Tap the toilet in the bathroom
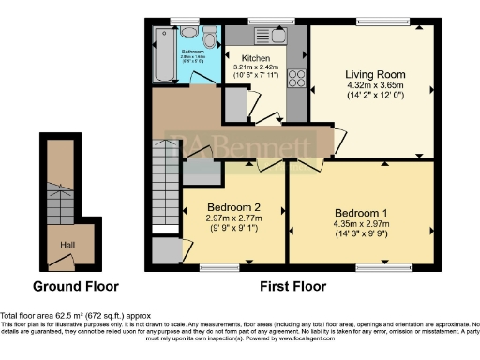coord(207,35)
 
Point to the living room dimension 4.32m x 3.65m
coord(372,88)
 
